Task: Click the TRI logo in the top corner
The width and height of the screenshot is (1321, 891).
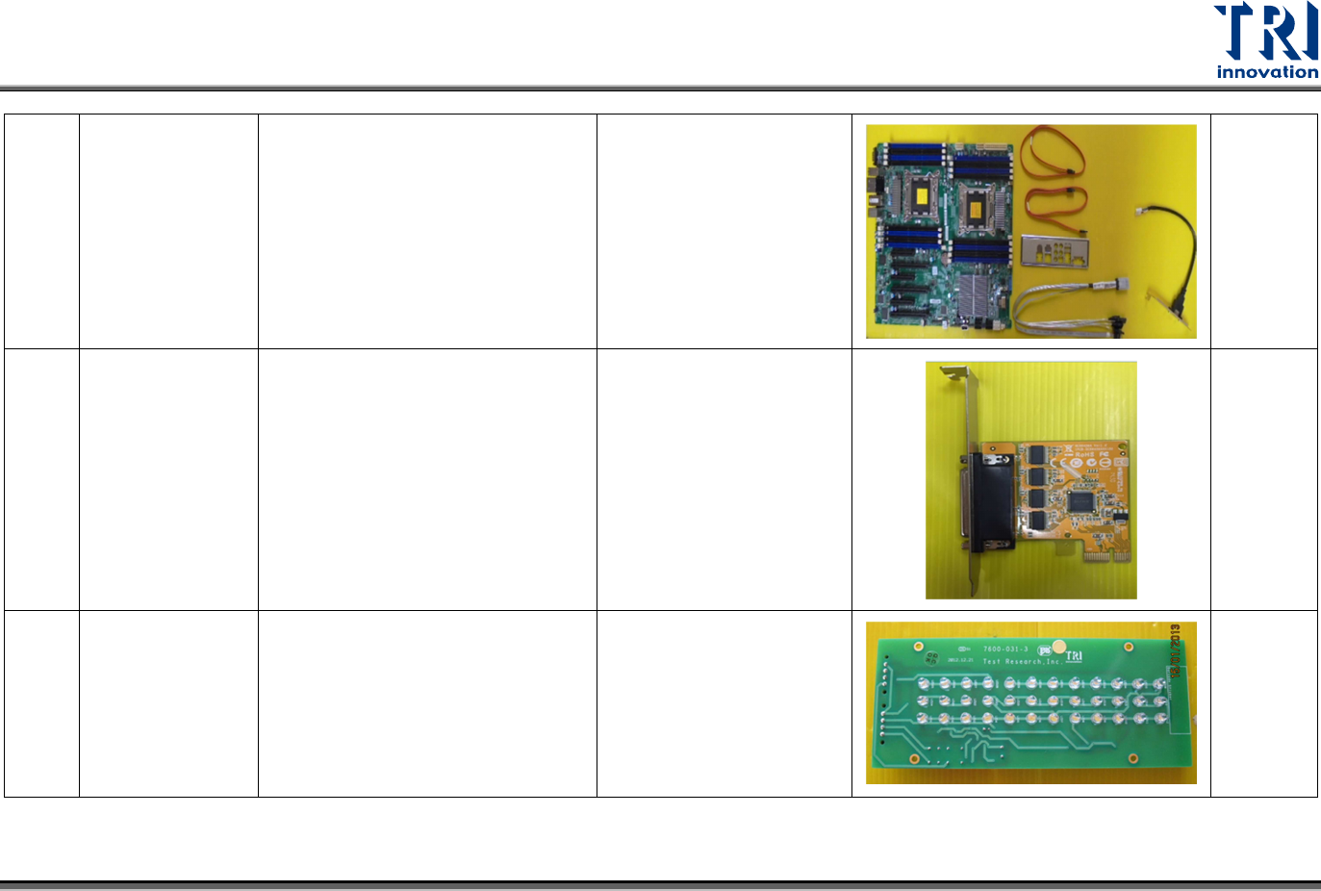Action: tap(1265, 32)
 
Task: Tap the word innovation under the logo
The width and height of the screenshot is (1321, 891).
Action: tap(1266, 72)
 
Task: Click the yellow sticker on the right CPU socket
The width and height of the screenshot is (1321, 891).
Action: tap(976, 206)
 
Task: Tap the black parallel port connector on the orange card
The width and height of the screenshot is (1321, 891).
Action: tap(988, 503)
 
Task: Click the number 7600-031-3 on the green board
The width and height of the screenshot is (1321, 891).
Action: tap(1005, 649)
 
